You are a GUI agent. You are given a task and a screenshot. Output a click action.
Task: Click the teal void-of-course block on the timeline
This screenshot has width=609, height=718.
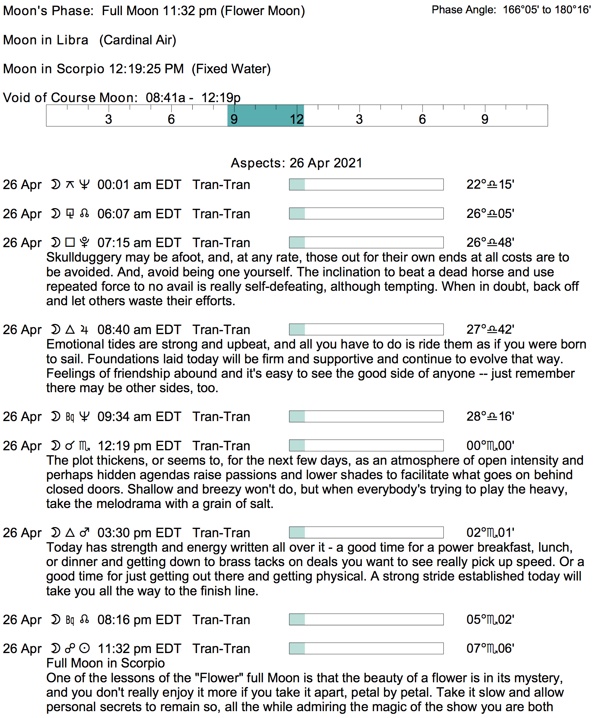tap(266, 115)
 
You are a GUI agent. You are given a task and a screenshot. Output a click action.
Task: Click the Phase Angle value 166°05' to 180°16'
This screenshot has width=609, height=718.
tap(547, 10)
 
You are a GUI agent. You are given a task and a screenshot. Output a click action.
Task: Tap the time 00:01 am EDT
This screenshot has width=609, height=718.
tap(139, 185)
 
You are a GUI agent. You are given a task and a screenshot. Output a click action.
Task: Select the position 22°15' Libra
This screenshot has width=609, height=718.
tap(490, 185)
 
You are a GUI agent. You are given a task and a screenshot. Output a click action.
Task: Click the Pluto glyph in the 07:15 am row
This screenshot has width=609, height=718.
tap(84, 242)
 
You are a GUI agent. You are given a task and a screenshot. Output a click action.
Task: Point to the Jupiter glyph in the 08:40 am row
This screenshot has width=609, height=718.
tap(84, 329)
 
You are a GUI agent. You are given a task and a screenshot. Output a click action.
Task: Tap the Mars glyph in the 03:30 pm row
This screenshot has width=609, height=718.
tap(84, 533)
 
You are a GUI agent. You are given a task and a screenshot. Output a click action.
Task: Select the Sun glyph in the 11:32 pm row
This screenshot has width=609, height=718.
tap(84, 648)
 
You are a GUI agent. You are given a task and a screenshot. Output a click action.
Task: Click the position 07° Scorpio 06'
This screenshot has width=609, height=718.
tap(490, 648)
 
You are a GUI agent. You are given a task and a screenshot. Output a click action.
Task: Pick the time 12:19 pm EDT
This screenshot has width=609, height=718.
tap(139, 446)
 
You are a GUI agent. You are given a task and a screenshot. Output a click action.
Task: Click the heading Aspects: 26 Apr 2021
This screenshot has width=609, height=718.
tap(296, 163)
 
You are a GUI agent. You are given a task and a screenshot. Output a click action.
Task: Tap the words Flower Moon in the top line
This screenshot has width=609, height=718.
tap(263, 11)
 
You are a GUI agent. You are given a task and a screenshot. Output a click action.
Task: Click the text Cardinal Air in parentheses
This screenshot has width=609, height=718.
tap(138, 40)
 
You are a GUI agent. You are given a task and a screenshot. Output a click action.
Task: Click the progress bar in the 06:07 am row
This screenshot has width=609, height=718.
tap(366, 214)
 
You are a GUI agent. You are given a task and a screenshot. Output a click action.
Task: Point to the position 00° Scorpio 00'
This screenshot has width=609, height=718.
tap(490, 446)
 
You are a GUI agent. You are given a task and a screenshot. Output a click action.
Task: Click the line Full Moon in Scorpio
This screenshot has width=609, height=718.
tap(105, 663)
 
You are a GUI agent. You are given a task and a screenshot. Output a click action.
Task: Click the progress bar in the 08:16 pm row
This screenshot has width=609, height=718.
tap(366, 620)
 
